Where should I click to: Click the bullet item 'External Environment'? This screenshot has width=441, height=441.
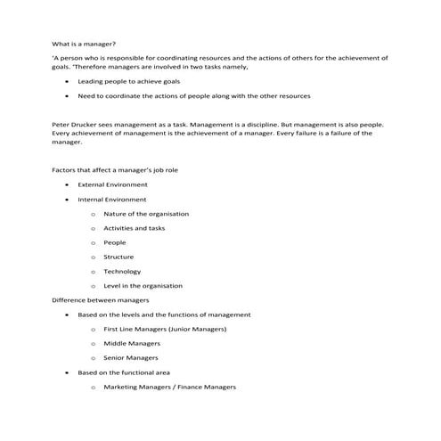click(111, 184)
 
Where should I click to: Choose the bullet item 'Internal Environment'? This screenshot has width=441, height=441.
click(111, 199)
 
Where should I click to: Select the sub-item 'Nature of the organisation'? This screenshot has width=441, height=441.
click(146, 214)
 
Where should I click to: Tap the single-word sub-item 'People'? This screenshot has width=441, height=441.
click(115, 242)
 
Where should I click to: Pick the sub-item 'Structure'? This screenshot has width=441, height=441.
click(118, 257)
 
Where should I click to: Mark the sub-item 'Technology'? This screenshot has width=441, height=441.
click(122, 271)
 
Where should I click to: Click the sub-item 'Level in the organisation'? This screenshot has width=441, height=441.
click(143, 286)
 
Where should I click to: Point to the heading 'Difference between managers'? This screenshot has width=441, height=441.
click(100, 300)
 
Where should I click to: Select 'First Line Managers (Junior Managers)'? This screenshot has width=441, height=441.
click(165, 329)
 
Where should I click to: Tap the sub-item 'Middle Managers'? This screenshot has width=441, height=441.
click(132, 343)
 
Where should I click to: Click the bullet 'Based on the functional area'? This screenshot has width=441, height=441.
click(123, 372)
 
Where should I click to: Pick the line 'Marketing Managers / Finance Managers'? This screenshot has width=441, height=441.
click(169, 387)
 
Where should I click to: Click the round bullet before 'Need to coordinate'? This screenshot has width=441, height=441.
click(69, 94)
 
